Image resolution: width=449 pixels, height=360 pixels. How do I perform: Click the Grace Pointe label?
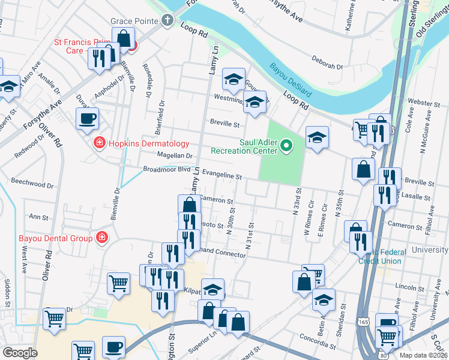135,21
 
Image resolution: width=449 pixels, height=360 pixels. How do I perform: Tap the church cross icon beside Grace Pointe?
168,21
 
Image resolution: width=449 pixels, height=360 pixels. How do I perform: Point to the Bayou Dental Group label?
55,238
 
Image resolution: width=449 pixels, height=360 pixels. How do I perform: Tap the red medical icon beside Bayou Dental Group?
102,238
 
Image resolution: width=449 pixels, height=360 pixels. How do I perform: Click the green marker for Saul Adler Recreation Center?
287,145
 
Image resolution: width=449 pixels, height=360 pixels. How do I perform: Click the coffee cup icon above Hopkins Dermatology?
88,118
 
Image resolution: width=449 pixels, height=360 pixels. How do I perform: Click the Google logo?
20,353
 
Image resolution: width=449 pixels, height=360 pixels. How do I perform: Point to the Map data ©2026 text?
424,355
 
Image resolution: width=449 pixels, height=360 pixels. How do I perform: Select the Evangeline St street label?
221,174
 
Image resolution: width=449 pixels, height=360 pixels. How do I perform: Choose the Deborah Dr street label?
327,62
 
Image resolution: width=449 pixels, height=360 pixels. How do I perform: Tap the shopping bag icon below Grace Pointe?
124,38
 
